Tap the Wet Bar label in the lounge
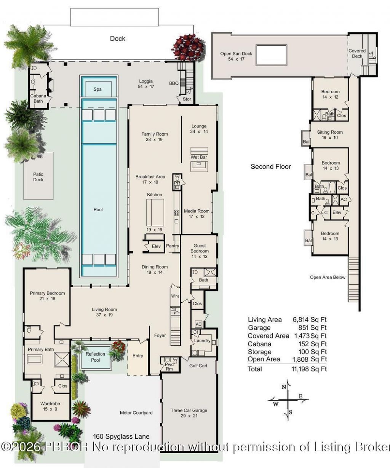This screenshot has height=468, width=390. click(x=198, y=157)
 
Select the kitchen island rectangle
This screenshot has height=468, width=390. click(x=155, y=212)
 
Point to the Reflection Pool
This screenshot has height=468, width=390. click(x=95, y=357)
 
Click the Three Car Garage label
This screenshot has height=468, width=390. click(x=189, y=410)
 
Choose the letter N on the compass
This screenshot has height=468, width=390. click(x=284, y=387)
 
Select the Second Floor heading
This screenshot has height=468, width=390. click(x=270, y=166)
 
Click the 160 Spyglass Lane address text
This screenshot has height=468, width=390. click(x=121, y=436)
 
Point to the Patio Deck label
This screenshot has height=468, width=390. click(x=38, y=177)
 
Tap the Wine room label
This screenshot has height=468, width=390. click(x=175, y=296)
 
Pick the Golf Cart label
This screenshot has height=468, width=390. click(x=198, y=366)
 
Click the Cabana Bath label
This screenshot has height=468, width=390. click(x=38, y=98)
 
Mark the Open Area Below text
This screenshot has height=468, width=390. click(x=328, y=277)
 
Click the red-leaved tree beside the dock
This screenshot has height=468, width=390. click(x=187, y=47)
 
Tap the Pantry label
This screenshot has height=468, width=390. click(x=173, y=246)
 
